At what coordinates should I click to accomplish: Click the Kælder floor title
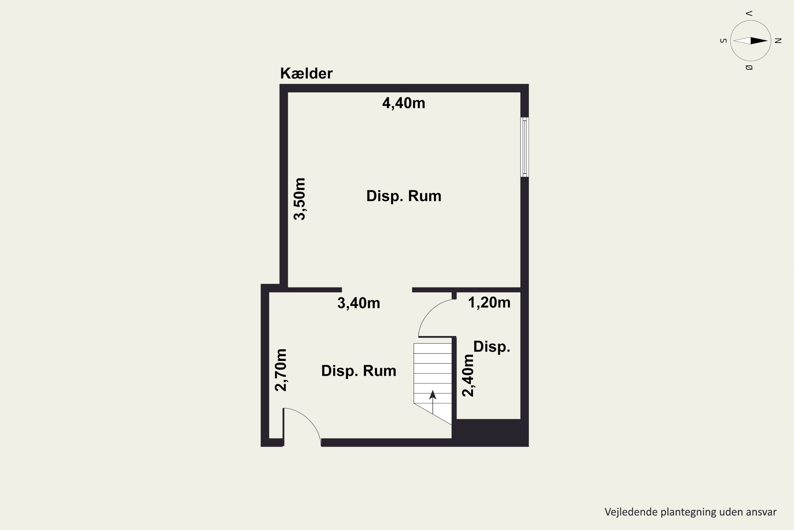pyautogui.click(x=306, y=73)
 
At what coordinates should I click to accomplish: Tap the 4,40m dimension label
pyautogui.click(x=403, y=103)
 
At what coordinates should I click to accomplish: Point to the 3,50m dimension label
pyautogui.click(x=299, y=199)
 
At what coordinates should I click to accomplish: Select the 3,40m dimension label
pyautogui.click(x=359, y=303)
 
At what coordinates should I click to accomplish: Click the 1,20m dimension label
pyautogui.click(x=489, y=303)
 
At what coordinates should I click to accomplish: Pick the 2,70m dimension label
pyautogui.click(x=281, y=370)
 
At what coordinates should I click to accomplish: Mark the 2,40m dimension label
pyautogui.click(x=468, y=375)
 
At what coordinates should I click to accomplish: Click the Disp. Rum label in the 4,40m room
pyautogui.click(x=404, y=196)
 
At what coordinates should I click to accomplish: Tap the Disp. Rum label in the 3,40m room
pyautogui.click(x=359, y=371)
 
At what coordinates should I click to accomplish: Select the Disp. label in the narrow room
pyautogui.click(x=491, y=347)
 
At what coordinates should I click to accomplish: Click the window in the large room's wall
pyautogui.click(x=524, y=147)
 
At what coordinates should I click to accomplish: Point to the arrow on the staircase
pyautogui.click(x=432, y=402)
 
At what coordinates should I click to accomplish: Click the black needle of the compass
pyautogui.click(x=759, y=41)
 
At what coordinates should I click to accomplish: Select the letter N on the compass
pyautogui.click(x=778, y=41)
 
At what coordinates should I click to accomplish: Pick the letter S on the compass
pyautogui.click(x=723, y=41)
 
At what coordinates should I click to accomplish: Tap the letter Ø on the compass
pyautogui.click(x=749, y=68)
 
